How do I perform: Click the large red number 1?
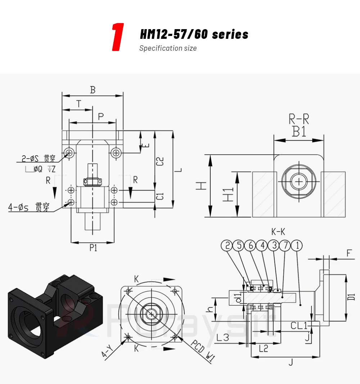click(x=118, y=37)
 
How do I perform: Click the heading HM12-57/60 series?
click(x=194, y=35)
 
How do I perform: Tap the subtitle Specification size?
click(x=168, y=48)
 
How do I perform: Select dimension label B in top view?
click(x=93, y=90)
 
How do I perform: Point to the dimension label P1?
click(x=93, y=248)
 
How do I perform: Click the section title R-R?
click(x=299, y=119)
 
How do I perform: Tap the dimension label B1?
click(x=299, y=132)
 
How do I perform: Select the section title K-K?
click(x=278, y=232)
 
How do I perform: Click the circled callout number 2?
click(x=227, y=246)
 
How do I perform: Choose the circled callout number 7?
click(x=285, y=246)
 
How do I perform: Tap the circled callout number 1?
click(x=297, y=246)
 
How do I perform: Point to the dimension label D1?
click(x=352, y=297)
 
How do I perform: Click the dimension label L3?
click(x=223, y=337)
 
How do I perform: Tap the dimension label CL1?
click(x=299, y=325)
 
